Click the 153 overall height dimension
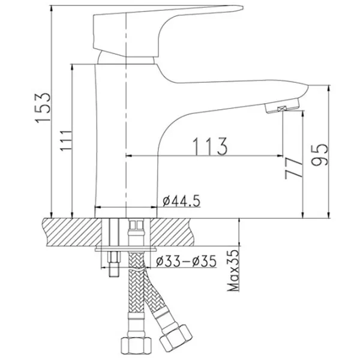click(x=43, y=107)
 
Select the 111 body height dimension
click(x=66, y=140)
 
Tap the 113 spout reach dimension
click(x=211, y=146)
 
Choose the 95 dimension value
click(x=319, y=155)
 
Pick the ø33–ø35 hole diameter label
click(x=186, y=261)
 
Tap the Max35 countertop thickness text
click(x=233, y=271)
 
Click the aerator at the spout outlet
click(x=283, y=106)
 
